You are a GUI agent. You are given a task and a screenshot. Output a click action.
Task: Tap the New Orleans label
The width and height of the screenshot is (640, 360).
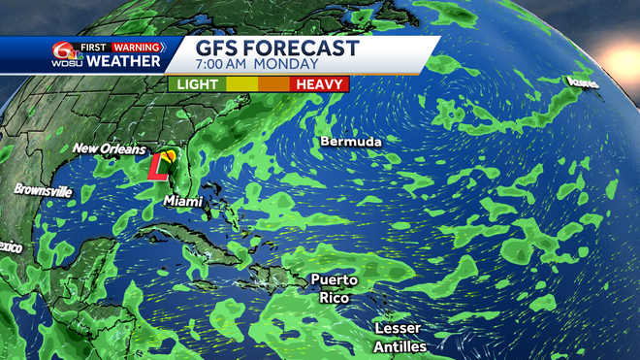[110, 149]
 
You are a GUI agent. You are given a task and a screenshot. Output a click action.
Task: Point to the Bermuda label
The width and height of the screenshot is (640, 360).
[350, 142]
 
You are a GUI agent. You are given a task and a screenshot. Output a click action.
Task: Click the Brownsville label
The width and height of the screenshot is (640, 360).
[44, 191]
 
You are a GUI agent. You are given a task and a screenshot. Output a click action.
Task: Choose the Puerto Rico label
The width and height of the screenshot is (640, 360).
[334, 289]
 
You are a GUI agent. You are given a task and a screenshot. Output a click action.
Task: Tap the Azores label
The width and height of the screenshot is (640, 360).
[583, 84]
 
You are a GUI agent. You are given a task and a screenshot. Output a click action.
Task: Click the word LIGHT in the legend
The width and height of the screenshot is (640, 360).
[197, 84]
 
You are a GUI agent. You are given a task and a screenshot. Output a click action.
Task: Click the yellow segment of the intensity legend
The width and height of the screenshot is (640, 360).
[240, 84]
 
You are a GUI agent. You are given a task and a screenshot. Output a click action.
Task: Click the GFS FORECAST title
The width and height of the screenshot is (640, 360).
[277, 49]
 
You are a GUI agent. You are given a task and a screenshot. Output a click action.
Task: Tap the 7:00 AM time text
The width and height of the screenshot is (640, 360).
[229, 65]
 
